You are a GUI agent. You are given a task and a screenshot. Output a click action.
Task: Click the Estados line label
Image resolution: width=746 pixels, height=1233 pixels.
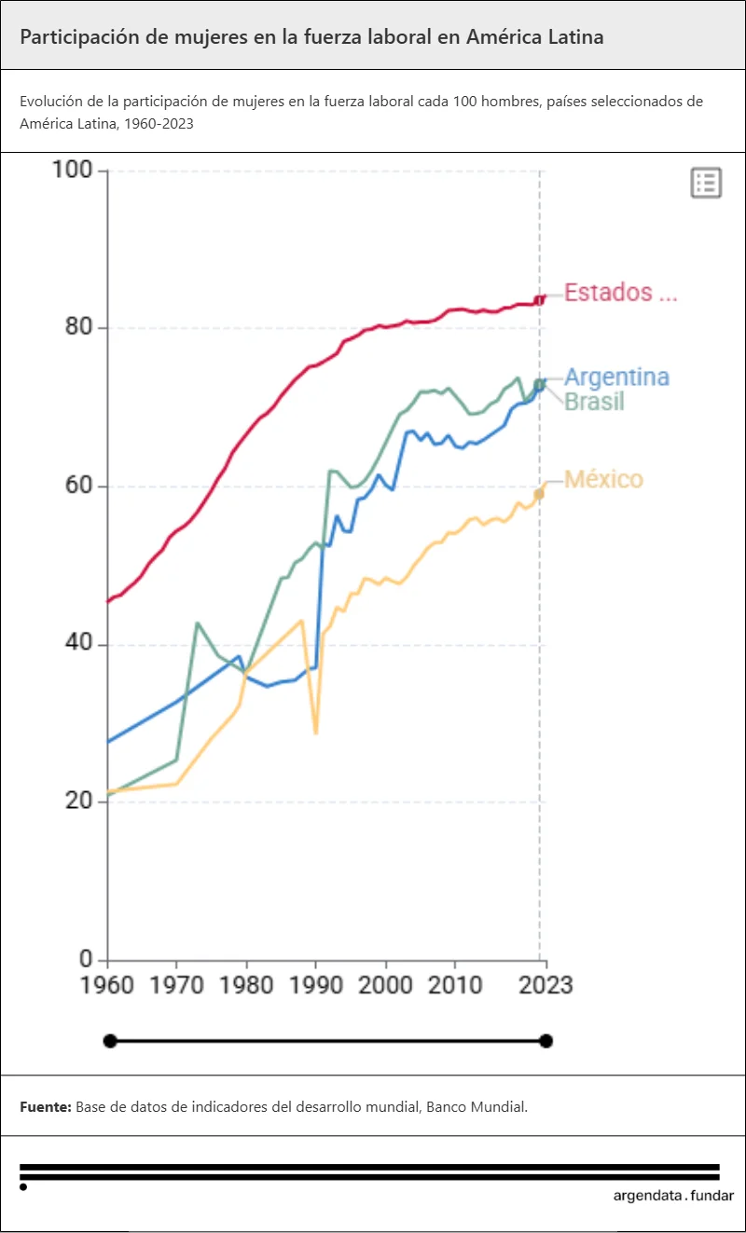tap(620, 293)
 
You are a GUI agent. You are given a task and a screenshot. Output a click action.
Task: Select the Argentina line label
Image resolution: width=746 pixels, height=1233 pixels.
tap(616, 377)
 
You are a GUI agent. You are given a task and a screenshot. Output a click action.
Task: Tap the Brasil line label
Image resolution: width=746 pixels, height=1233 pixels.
tap(594, 402)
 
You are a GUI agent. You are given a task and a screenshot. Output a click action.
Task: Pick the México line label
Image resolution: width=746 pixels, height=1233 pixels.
tap(603, 480)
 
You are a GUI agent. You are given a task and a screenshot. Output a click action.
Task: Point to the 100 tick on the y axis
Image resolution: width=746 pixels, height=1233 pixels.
tap(73, 171)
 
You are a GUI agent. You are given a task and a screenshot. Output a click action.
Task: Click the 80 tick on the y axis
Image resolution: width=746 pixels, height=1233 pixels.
tap(78, 328)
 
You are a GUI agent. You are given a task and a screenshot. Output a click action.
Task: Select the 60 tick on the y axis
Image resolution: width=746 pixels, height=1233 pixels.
tap(78, 486)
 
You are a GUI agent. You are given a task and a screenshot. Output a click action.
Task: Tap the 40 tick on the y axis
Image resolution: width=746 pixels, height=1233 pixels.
tap(78, 644)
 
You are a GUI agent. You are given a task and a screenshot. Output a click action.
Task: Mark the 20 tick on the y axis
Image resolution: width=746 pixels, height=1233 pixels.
tap(78, 801)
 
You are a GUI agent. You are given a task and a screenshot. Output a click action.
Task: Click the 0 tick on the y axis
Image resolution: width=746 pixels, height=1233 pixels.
tap(87, 960)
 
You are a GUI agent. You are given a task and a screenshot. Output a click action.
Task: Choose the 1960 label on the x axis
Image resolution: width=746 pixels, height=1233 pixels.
tap(108, 985)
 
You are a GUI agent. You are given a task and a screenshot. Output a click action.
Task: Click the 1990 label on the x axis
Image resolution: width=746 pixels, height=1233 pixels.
tap(316, 985)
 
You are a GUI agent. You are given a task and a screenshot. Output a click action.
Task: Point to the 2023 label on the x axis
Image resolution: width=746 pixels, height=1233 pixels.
tap(546, 985)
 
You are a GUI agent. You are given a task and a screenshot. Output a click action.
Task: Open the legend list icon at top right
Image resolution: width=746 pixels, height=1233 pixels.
tap(706, 183)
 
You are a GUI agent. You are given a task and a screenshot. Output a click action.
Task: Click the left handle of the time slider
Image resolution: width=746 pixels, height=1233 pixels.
tap(110, 1041)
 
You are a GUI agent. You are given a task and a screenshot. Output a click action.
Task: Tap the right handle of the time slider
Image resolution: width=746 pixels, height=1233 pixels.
tap(546, 1041)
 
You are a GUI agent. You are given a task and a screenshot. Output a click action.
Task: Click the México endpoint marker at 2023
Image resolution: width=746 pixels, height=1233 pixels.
tap(539, 493)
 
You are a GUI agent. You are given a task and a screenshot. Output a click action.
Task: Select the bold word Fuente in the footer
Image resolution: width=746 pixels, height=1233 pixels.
tap(45, 1107)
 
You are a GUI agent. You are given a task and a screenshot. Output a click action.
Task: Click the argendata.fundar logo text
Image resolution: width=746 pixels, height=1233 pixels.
tap(673, 1196)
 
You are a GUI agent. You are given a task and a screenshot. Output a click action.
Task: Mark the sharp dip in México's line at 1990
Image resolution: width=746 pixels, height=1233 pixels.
tap(316, 733)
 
